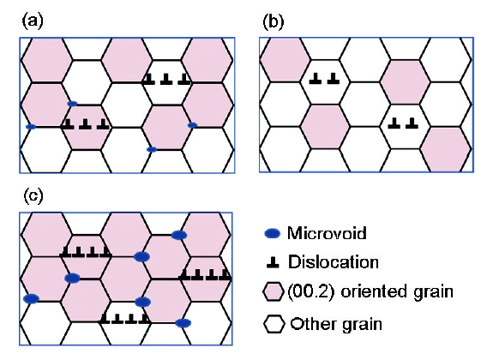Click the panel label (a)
tap(33, 21)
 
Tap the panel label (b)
tap(274, 22)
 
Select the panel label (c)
tap(33, 196)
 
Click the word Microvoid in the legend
tap(327, 233)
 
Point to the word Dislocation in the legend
tap(334, 262)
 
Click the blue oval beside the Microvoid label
tap(273, 234)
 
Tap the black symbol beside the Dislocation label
tap(273, 263)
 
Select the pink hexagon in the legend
tap(274, 291)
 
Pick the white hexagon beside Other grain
tap(274, 324)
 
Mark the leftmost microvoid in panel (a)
tap(31, 127)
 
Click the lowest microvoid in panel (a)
tap(152, 150)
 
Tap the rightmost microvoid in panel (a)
tap(192, 125)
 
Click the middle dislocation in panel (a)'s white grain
tap(166, 79)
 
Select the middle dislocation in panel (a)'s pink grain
tap(85, 124)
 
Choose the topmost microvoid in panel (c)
tap(179, 235)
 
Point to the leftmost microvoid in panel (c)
tap(32, 298)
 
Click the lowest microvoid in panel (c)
tap(183, 323)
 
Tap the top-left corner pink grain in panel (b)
tap(286, 60)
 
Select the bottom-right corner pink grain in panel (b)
tap(446, 149)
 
